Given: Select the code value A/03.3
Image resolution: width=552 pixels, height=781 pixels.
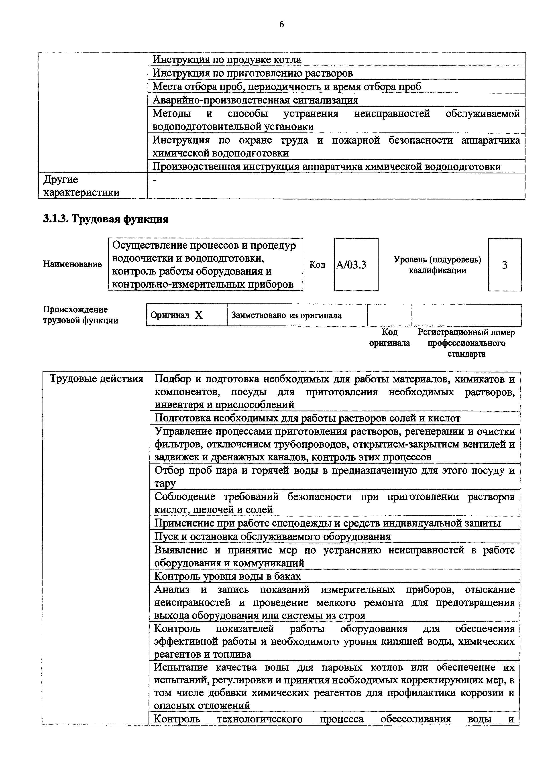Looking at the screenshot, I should click(x=351, y=265).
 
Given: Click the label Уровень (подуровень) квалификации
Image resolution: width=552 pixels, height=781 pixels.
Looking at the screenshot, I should click(x=437, y=265).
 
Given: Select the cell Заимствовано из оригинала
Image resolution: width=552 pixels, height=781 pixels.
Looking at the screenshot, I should click(x=286, y=315).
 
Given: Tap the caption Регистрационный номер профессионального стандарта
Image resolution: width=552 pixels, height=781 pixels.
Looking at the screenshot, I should click(x=466, y=343).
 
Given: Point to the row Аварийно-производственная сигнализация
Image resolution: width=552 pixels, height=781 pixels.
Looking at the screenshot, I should click(x=255, y=100).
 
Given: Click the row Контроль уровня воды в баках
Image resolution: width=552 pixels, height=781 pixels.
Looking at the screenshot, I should click(x=228, y=576).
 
